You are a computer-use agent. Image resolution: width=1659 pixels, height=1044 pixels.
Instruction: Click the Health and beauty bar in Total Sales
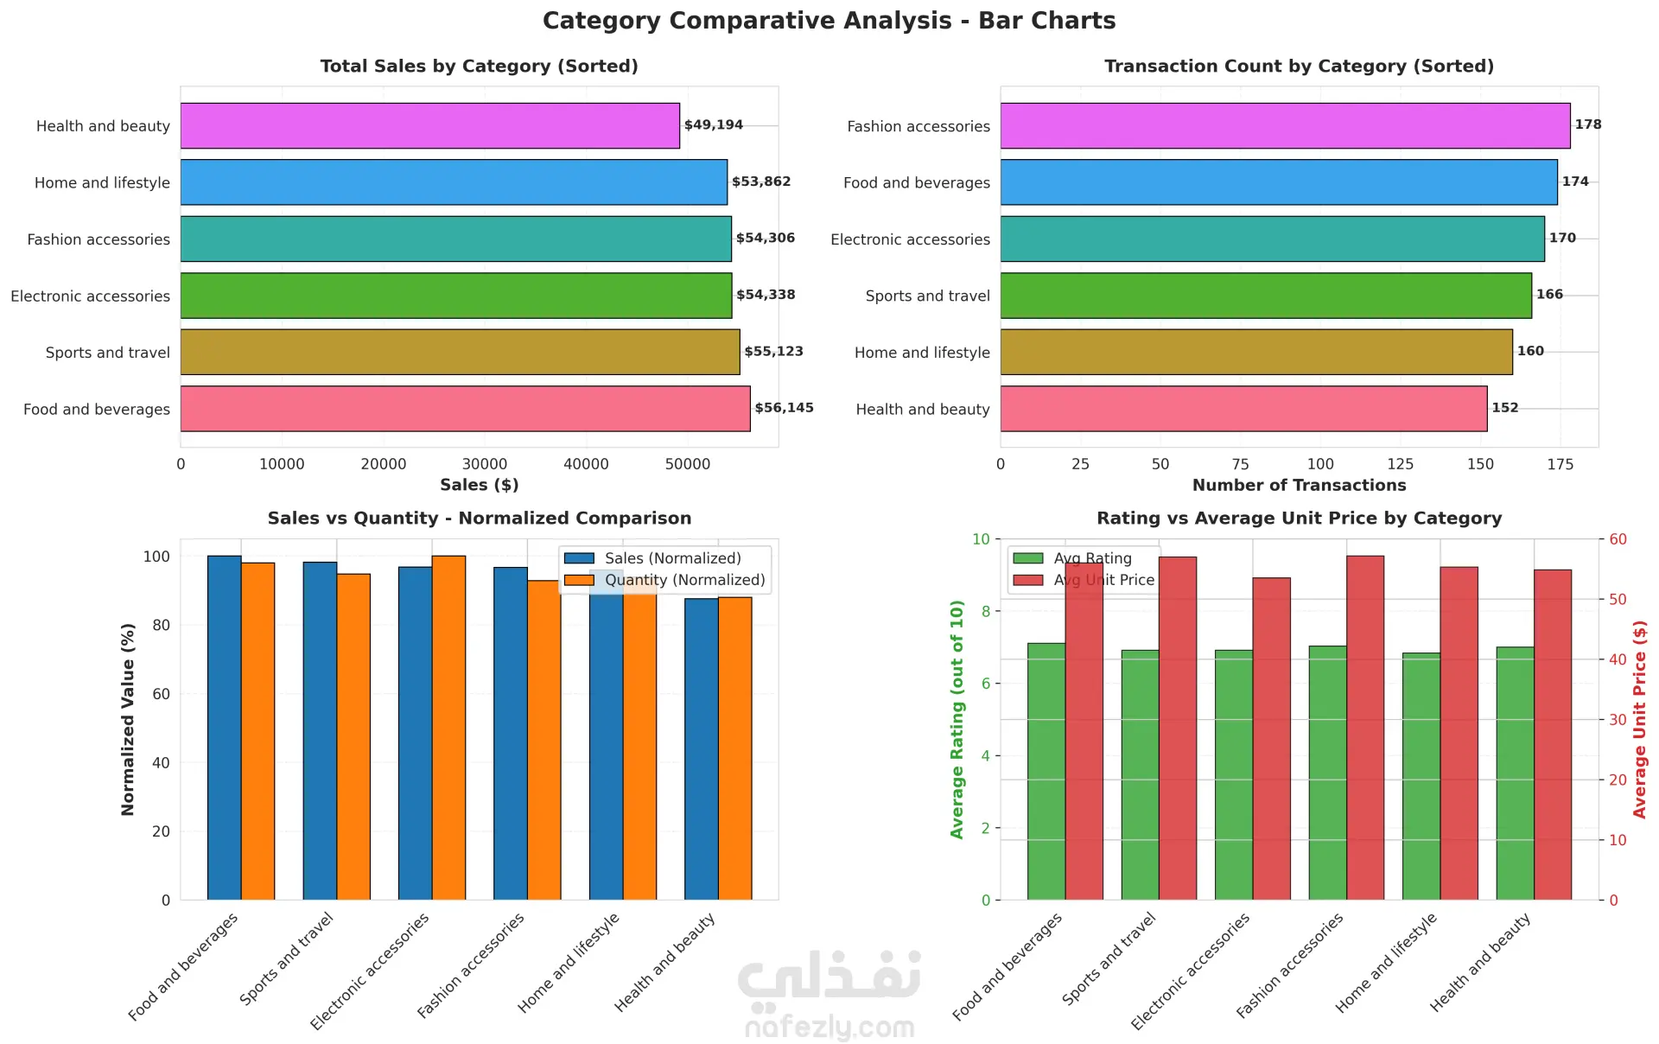(429, 126)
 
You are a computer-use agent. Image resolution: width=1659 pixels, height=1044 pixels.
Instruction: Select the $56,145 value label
(784, 408)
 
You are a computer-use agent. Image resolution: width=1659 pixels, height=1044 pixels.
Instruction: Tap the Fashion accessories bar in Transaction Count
(1285, 126)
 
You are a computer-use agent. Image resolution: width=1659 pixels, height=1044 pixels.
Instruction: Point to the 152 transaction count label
(1504, 408)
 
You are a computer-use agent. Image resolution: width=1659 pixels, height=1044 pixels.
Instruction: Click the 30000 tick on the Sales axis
(485, 464)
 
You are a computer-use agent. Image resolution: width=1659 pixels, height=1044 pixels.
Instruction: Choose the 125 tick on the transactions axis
(1400, 464)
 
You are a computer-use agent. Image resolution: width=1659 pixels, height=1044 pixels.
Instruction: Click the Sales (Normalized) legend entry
(672, 558)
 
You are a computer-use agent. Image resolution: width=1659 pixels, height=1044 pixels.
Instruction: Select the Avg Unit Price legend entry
(1103, 580)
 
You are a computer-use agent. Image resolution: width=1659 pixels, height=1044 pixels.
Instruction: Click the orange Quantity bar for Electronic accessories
(448, 728)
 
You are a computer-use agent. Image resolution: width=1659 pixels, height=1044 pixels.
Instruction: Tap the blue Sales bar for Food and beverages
(225, 728)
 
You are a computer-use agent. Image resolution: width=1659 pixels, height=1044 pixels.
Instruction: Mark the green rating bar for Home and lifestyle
(1421, 776)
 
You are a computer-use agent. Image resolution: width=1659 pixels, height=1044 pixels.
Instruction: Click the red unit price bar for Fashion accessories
(1365, 728)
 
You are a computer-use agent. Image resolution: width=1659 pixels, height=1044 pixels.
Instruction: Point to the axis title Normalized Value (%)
(128, 719)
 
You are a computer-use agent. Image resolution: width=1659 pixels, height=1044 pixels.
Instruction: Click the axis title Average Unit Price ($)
(1639, 719)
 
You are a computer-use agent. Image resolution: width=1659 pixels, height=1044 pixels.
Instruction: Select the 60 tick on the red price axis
(1618, 539)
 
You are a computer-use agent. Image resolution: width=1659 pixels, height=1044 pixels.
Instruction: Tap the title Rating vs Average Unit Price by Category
(1299, 519)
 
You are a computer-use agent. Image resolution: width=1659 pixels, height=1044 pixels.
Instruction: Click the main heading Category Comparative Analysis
(829, 21)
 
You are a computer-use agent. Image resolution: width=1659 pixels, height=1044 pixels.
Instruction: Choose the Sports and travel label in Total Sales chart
(107, 353)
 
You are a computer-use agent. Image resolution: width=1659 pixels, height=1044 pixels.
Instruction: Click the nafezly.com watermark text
(829, 1027)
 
